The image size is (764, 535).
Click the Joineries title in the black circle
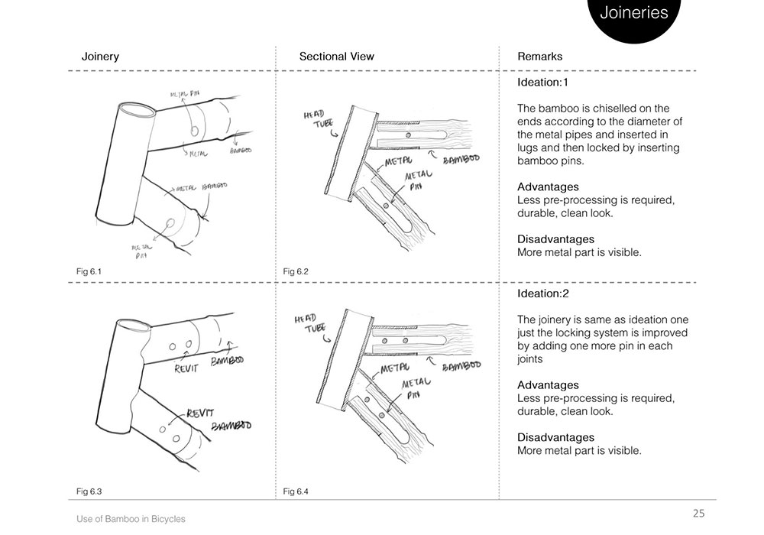633,13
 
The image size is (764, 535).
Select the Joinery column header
100,57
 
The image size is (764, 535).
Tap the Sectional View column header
336,57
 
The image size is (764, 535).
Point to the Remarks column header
539,57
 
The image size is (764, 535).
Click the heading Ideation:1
542,82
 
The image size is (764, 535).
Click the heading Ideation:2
542,293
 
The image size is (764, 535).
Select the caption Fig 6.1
89,271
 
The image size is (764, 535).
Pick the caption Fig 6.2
295,271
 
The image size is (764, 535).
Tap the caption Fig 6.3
89,490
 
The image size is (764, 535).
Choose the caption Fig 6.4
295,490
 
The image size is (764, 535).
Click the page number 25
698,513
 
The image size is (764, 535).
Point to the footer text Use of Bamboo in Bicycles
131,519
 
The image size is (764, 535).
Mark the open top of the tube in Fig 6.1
137,111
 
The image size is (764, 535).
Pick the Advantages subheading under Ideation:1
549,187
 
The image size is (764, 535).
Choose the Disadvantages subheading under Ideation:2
555,438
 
